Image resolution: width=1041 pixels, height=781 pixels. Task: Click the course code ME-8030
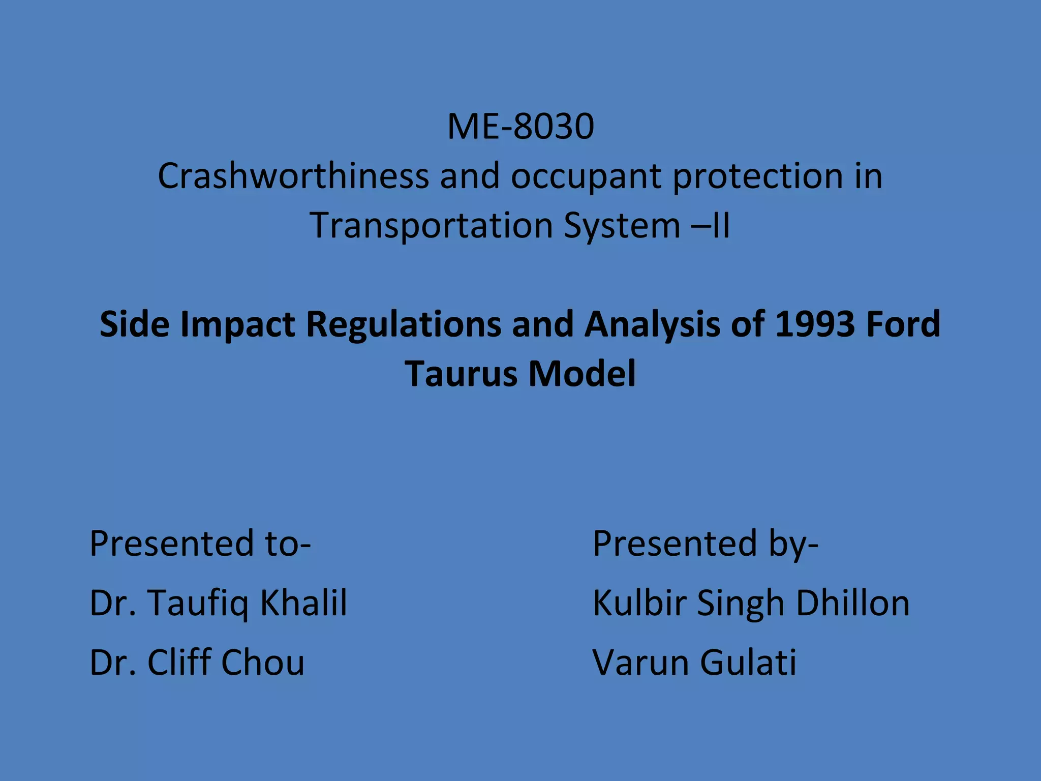pyautogui.click(x=520, y=127)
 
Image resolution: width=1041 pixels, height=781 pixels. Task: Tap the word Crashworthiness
pyautogui.click(x=293, y=176)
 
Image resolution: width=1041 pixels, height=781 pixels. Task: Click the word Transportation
pyautogui.click(x=431, y=226)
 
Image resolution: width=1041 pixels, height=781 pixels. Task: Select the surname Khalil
pyautogui.click(x=303, y=603)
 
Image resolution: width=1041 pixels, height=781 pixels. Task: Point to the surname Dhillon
pyautogui.click(x=852, y=603)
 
